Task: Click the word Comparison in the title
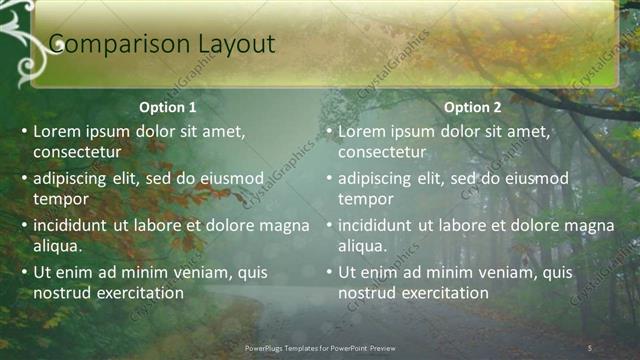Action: [106, 43]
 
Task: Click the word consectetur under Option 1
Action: [78, 152]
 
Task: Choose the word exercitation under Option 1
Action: [135, 293]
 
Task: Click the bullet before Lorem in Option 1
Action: [24, 132]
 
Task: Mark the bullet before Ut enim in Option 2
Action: [329, 273]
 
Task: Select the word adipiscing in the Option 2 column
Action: [374, 179]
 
